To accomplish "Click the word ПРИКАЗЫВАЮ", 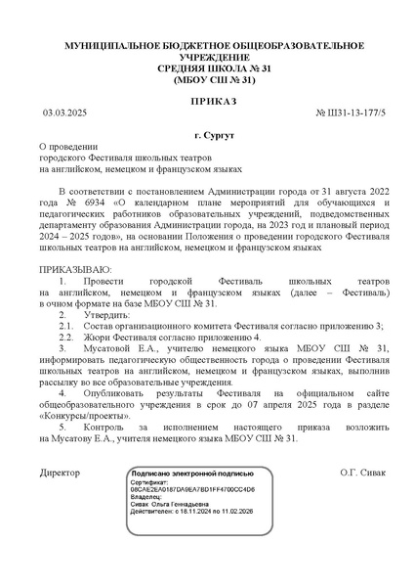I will coord(74,267).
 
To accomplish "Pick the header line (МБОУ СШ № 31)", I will coord(207,81).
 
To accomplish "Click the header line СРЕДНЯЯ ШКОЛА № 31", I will coord(207,69).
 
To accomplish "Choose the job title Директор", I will coord(61,472).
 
